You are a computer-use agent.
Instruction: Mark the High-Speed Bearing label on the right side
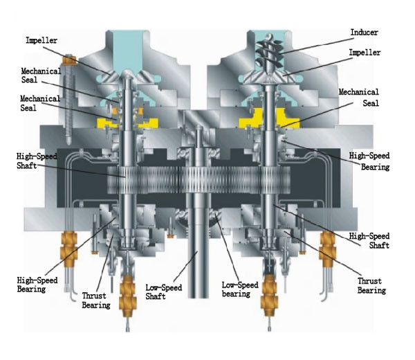tap(369, 161)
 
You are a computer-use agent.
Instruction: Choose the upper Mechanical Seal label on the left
tap(40, 75)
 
